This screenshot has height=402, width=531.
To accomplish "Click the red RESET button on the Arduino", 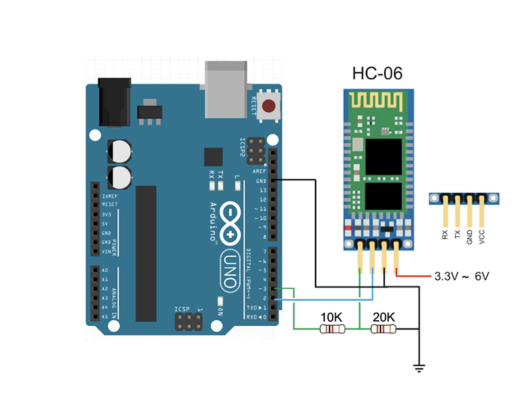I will click(268, 106).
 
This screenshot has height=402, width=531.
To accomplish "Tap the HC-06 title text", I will click(377, 74).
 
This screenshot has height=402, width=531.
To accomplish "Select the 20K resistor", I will click(383, 329).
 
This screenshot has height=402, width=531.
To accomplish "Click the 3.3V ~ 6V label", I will click(461, 276).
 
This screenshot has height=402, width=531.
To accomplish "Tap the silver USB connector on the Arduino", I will click(226, 89).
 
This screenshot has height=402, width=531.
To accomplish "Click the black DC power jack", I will click(114, 102).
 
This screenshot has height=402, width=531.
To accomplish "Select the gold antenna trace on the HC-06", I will click(375, 102).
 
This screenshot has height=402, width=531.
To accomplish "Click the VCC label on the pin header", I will click(482, 237).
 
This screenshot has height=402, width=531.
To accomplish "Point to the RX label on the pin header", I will click(445, 235).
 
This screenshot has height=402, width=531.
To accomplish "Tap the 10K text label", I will click(331, 317).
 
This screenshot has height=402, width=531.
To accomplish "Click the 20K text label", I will click(384, 317).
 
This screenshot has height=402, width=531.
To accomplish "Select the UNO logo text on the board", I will click(231, 271).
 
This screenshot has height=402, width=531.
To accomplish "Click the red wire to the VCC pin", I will click(413, 276).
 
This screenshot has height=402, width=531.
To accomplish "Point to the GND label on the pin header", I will click(469, 237).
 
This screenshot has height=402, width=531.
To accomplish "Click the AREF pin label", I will click(259, 171).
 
